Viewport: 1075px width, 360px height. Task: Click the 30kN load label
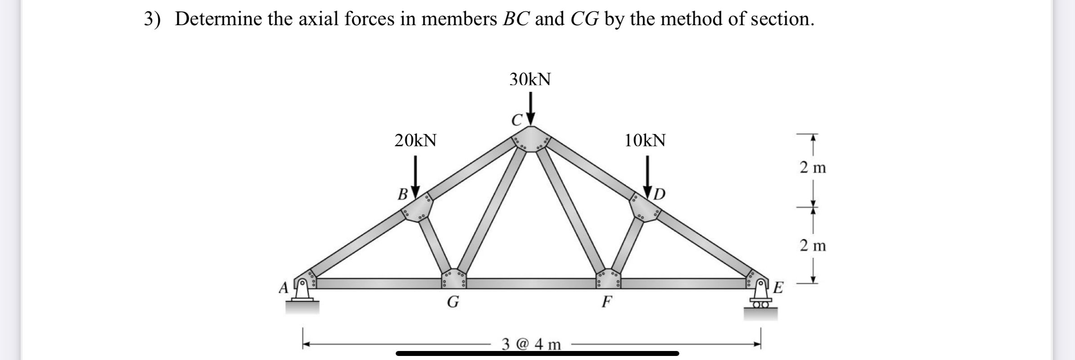click(530, 80)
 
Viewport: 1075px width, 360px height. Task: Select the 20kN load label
click(415, 140)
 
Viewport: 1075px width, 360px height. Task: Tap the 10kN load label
click(645, 140)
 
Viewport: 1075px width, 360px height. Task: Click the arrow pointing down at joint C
click(531, 108)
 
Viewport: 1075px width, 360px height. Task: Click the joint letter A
click(283, 287)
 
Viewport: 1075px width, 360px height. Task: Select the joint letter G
click(453, 302)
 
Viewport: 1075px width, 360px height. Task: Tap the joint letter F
click(607, 301)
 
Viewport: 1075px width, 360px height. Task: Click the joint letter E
click(778, 287)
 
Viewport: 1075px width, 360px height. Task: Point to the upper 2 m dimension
click(813, 168)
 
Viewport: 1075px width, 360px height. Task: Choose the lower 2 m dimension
click(813, 246)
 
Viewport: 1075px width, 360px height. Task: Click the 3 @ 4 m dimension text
click(531, 345)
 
